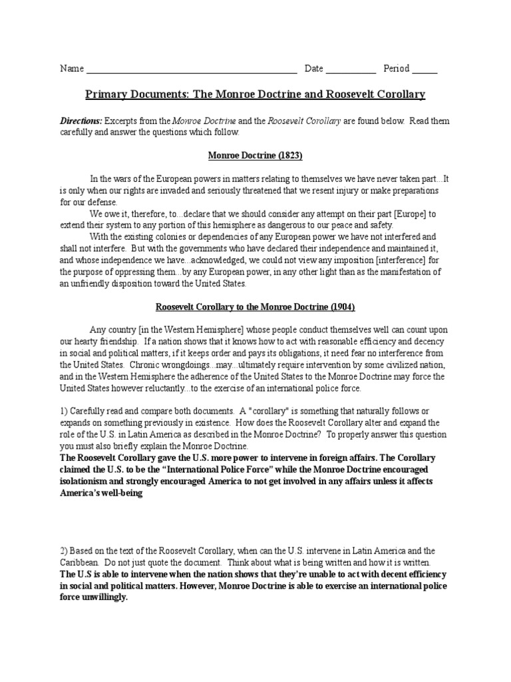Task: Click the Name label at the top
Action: pos(72,69)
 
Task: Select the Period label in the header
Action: pos(396,69)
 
